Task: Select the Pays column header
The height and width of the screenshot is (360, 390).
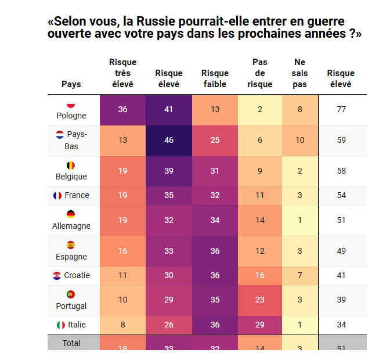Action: pyautogui.click(x=71, y=84)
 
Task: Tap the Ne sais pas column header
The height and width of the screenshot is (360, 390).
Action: pyautogui.click(x=299, y=73)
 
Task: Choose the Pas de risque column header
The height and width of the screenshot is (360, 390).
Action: pyautogui.click(x=260, y=73)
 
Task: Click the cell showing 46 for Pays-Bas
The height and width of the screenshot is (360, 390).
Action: pyautogui.click(x=169, y=140)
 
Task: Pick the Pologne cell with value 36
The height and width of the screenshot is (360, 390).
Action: pyautogui.click(x=122, y=110)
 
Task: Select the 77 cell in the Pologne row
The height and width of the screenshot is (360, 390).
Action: pyautogui.click(x=341, y=110)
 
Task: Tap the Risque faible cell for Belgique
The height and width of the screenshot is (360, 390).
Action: pyautogui.click(x=215, y=171)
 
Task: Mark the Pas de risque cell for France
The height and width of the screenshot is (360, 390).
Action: pyautogui.click(x=260, y=196)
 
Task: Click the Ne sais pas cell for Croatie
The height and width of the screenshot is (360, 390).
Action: pyautogui.click(x=299, y=275)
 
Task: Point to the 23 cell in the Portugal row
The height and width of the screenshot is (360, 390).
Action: pyautogui.click(x=260, y=300)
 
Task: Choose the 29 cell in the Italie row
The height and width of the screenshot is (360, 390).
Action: pyautogui.click(x=260, y=325)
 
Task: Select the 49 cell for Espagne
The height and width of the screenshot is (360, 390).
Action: pyautogui.click(x=341, y=251)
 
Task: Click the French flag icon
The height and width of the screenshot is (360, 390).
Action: pyautogui.click(x=57, y=196)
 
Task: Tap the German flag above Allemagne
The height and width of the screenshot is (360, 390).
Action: pyautogui.click(x=71, y=214)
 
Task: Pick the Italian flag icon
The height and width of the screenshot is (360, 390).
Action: pyautogui.click(x=61, y=325)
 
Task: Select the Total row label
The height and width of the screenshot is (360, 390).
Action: pyautogui.click(x=71, y=343)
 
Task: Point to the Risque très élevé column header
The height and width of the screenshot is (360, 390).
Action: pyautogui.click(x=122, y=73)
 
